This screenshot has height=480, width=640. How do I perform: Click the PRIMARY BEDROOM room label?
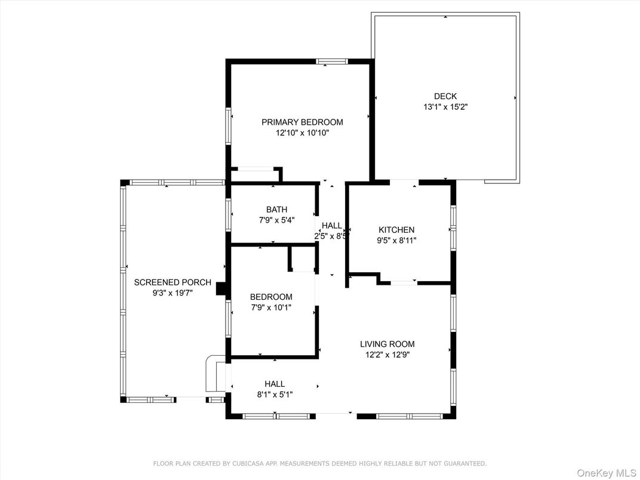(302, 122)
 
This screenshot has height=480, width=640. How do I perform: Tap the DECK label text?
(445, 96)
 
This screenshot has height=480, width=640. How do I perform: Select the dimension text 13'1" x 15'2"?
(445, 107)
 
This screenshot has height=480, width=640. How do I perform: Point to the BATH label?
(276, 210)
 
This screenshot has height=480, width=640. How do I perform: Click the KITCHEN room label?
(396, 230)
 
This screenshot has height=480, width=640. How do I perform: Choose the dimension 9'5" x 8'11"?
(396, 241)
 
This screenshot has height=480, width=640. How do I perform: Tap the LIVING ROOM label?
(387, 344)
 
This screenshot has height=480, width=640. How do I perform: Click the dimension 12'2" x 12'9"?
(387, 355)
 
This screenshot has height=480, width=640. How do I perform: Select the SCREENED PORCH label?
(173, 282)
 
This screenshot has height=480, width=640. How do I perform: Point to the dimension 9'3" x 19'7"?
(173, 293)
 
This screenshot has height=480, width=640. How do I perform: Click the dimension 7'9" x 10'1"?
(271, 308)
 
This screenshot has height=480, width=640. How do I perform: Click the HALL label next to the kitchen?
(332, 226)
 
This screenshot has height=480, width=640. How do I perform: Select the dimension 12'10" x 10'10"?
(302, 133)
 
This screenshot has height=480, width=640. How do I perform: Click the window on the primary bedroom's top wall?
(331, 61)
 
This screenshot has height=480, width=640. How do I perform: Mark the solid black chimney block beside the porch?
(221, 289)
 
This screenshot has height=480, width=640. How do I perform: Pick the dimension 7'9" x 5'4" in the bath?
(276, 220)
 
